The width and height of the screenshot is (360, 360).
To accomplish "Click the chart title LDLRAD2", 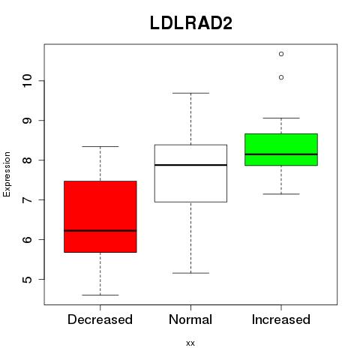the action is click(191, 23).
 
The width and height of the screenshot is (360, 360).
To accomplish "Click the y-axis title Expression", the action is click(7, 174).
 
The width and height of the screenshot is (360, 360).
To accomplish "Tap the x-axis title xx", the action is click(190, 343).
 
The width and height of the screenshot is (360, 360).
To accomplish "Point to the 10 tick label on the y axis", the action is click(27, 80).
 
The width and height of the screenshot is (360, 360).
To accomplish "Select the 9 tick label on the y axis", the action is click(27, 120).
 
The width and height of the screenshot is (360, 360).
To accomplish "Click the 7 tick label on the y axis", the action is click(27, 199).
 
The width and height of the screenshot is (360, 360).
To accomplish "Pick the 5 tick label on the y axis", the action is click(27, 279).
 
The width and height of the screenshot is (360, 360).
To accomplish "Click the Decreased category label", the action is click(100, 319).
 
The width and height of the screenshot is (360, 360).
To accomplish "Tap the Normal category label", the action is click(190, 319).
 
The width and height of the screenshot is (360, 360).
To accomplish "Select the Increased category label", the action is click(281, 319).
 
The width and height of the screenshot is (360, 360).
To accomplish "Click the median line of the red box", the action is click(100, 230).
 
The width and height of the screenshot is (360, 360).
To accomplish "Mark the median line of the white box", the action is click(190, 165).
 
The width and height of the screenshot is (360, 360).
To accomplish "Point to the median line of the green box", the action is click(281, 154).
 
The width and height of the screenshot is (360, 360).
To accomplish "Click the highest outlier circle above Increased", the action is click(281, 54).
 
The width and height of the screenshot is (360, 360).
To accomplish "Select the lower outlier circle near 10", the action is click(281, 77).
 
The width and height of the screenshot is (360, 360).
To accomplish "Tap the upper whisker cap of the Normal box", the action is click(190, 93).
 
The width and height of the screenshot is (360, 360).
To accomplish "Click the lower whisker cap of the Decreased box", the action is click(100, 295).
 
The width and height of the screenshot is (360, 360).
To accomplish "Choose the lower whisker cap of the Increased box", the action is click(281, 193).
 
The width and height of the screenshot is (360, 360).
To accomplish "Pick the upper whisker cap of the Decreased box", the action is click(100, 146).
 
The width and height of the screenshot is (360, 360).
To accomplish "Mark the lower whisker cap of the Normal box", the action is click(190, 273).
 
